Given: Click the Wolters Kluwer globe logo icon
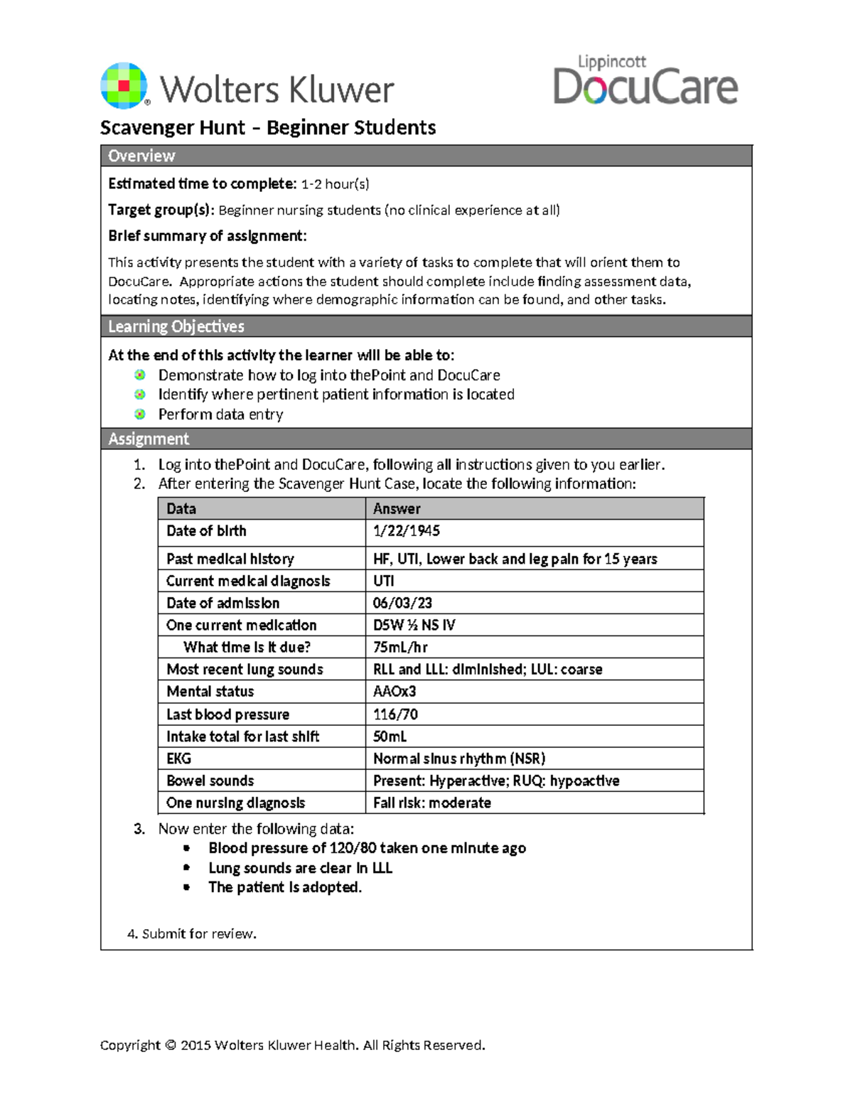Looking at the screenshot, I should (x=125, y=86).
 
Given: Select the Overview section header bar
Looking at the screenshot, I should (x=426, y=156).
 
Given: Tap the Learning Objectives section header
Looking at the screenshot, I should (x=426, y=326).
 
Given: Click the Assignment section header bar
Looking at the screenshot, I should (x=426, y=439).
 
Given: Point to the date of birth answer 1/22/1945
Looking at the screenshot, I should (x=407, y=531).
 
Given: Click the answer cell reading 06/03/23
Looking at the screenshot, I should (x=402, y=603).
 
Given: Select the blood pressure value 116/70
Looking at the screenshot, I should (x=395, y=714).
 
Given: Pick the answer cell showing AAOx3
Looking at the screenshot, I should (x=395, y=691).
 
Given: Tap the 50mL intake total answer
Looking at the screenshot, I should (x=390, y=736).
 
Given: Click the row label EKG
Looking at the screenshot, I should (x=178, y=759).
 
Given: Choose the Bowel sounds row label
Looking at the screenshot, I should (x=210, y=781).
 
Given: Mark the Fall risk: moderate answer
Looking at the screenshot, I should (x=432, y=803).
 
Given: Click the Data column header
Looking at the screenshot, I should (x=181, y=508).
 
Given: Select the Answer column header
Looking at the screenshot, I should (x=397, y=508).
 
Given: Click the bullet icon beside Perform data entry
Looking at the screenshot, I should (x=140, y=414).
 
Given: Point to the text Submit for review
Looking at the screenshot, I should (x=192, y=933).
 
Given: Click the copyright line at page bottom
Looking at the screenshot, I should (x=292, y=1045).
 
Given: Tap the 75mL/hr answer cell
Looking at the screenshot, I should (x=400, y=647).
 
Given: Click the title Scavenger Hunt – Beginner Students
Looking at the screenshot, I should (x=268, y=128).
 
